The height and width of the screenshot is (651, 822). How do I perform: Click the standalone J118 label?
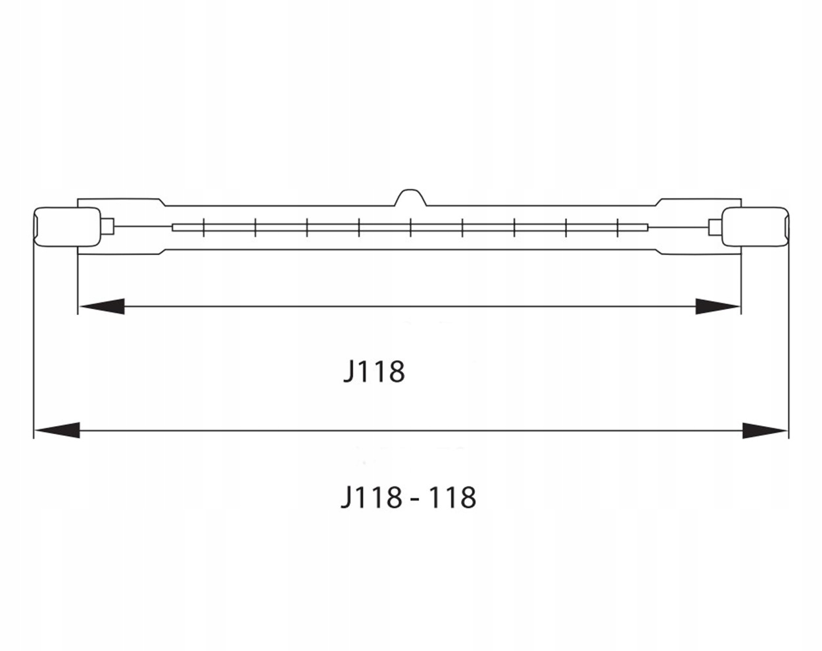(x=374, y=372)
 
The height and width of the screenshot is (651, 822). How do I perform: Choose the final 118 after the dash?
(x=452, y=497)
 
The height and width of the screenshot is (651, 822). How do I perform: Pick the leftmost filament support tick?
(x=205, y=227)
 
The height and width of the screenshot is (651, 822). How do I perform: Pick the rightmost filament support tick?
(x=618, y=227)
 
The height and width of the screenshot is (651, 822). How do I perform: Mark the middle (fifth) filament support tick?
(x=411, y=227)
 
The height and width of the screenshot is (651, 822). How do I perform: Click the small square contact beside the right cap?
(x=714, y=227)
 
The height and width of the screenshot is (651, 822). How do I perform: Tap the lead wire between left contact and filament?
(x=141, y=227)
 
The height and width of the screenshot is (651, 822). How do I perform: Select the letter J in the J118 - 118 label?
(x=347, y=498)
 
